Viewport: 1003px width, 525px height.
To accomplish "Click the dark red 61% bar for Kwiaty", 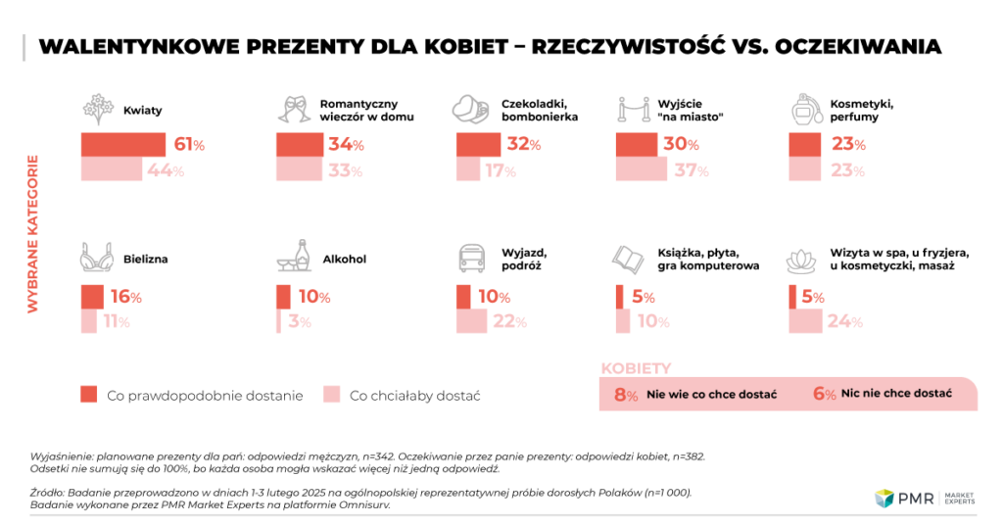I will click(122, 144).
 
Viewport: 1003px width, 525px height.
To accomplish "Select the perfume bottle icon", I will click(806, 108).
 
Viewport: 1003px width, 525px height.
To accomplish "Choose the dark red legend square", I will click(89, 394).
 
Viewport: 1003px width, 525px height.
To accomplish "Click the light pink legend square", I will click(332, 394).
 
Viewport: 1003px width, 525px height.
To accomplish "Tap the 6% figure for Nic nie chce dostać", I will click(824, 394).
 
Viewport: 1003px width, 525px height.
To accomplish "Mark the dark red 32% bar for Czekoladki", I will click(479, 144).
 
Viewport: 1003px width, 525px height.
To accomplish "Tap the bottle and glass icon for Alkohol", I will click(294, 260).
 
